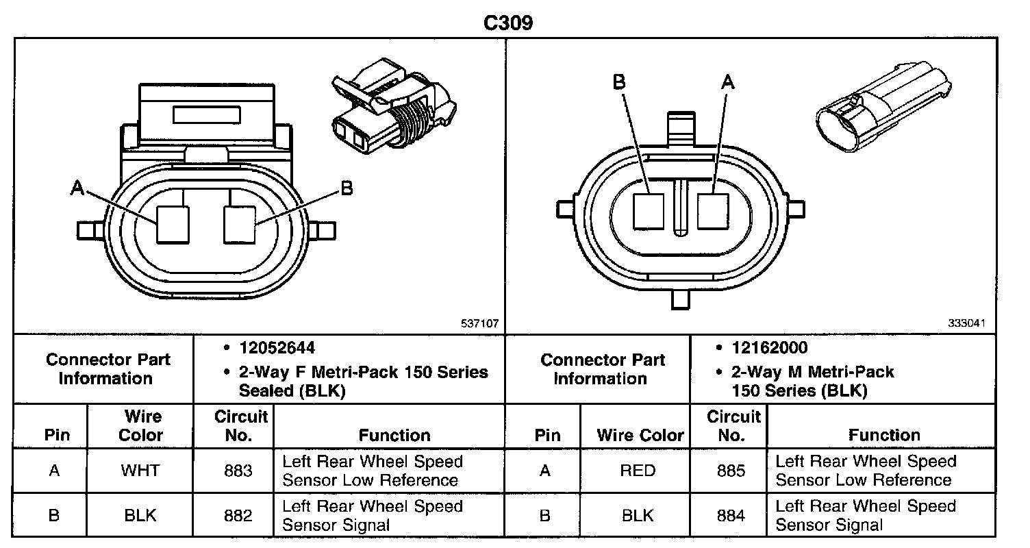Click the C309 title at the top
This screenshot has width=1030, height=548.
tap(508, 23)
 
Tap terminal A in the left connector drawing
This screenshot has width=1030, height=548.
tap(173, 225)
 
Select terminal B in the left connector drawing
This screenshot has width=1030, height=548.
tap(240, 225)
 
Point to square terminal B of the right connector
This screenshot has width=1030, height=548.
tap(649, 211)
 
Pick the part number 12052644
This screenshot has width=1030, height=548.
tap(277, 348)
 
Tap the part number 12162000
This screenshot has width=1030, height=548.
tap(770, 348)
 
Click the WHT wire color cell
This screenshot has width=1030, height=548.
tap(140, 471)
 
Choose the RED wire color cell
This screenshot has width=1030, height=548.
tap(637, 471)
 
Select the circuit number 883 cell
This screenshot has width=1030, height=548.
tap(238, 471)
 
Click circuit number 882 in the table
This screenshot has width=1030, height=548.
tap(238, 516)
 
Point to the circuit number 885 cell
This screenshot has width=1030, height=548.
tap(731, 471)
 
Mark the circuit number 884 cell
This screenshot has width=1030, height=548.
tap(731, 516)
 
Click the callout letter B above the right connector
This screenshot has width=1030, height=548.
tap(619, 82)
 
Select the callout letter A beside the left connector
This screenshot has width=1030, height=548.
tap(77, 188)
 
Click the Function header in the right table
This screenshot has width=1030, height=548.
tap(884, 435)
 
